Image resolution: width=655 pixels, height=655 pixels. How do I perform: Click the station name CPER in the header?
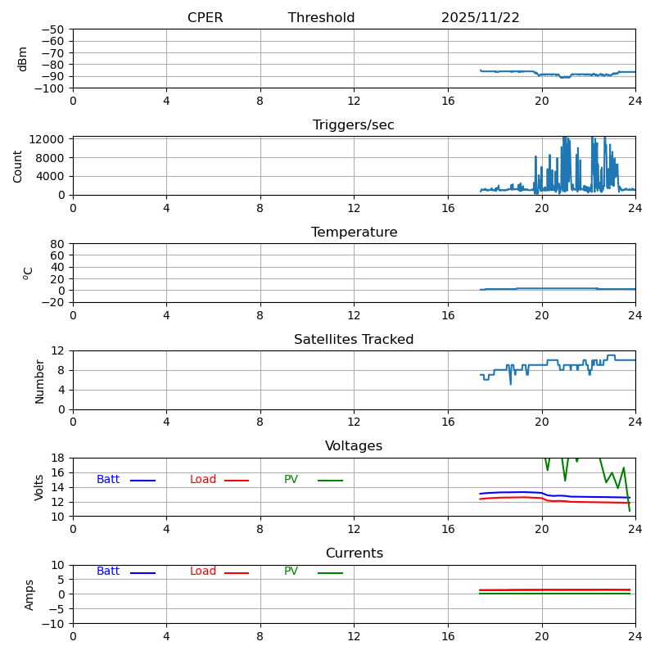pyautogui.click(x=205, y=18)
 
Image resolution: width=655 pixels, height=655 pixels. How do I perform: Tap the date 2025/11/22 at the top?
pyautogui.click(x=480, y=18)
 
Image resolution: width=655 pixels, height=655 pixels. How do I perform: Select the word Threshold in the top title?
pyautogui.click(x=321, y=18)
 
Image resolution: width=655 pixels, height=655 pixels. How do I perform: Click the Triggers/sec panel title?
pyautogui.click(x=354, y=125)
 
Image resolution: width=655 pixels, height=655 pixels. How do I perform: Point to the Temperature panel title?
pyautogui.click(x=354, y=233)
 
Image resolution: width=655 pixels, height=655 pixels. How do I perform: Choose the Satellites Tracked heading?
pyautogui.click(x=354, y=340)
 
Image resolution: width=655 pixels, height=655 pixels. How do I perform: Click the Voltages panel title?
pyautogui.click(x=354, y=446)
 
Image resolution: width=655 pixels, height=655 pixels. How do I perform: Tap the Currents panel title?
pyautogui.click(x=354, y=553)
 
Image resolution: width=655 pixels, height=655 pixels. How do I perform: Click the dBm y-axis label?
pyautogui.click(x=23, y=59)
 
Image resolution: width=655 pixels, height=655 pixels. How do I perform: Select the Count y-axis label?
pyautogui.click(x=18, y=166)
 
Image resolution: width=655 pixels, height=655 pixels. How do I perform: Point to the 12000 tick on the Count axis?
pyautogui.click(x=48, y=139)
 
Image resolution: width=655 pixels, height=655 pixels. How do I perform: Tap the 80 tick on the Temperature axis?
pyautogui.click(x=58, y=244)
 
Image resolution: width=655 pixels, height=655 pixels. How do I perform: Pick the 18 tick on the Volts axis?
pyautogui.click(x=58, y=458)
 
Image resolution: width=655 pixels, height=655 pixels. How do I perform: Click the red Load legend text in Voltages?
pyautogui.click(x=203, y=480)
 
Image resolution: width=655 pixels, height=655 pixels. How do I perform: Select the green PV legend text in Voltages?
pyautogui.click(x=291, y=480)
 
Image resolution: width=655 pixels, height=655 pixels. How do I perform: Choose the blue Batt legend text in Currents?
pyautogui.click(x=108, y=571)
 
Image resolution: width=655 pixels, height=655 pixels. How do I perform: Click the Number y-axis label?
pyautogui.click(x=40, y=381)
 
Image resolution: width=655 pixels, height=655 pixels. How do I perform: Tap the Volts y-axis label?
pyautogui.click(x=40, y=487)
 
